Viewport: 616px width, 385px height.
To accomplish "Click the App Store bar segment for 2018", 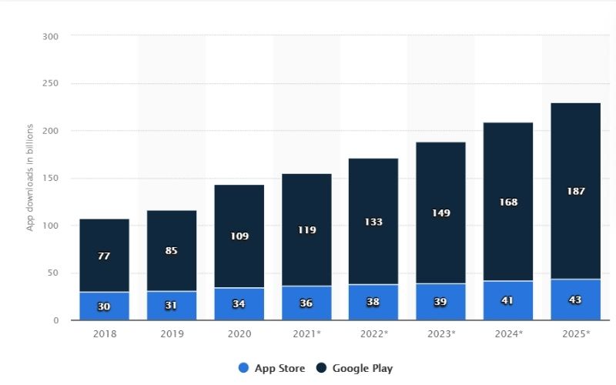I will (x=104, y=306).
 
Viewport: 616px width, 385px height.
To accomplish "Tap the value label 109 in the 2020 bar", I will (x=239, y=236).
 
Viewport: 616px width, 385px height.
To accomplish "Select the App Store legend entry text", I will (x=281, y=368).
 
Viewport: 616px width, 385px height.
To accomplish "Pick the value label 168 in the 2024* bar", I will (x=508, y=203).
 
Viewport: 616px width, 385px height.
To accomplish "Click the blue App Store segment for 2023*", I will (x=441, y=301).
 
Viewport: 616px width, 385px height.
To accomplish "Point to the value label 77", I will (x=104, y=256).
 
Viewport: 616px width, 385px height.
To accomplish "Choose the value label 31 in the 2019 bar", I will (x=172, y=306).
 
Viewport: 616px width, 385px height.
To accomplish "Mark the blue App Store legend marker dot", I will (x=244, y=368).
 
